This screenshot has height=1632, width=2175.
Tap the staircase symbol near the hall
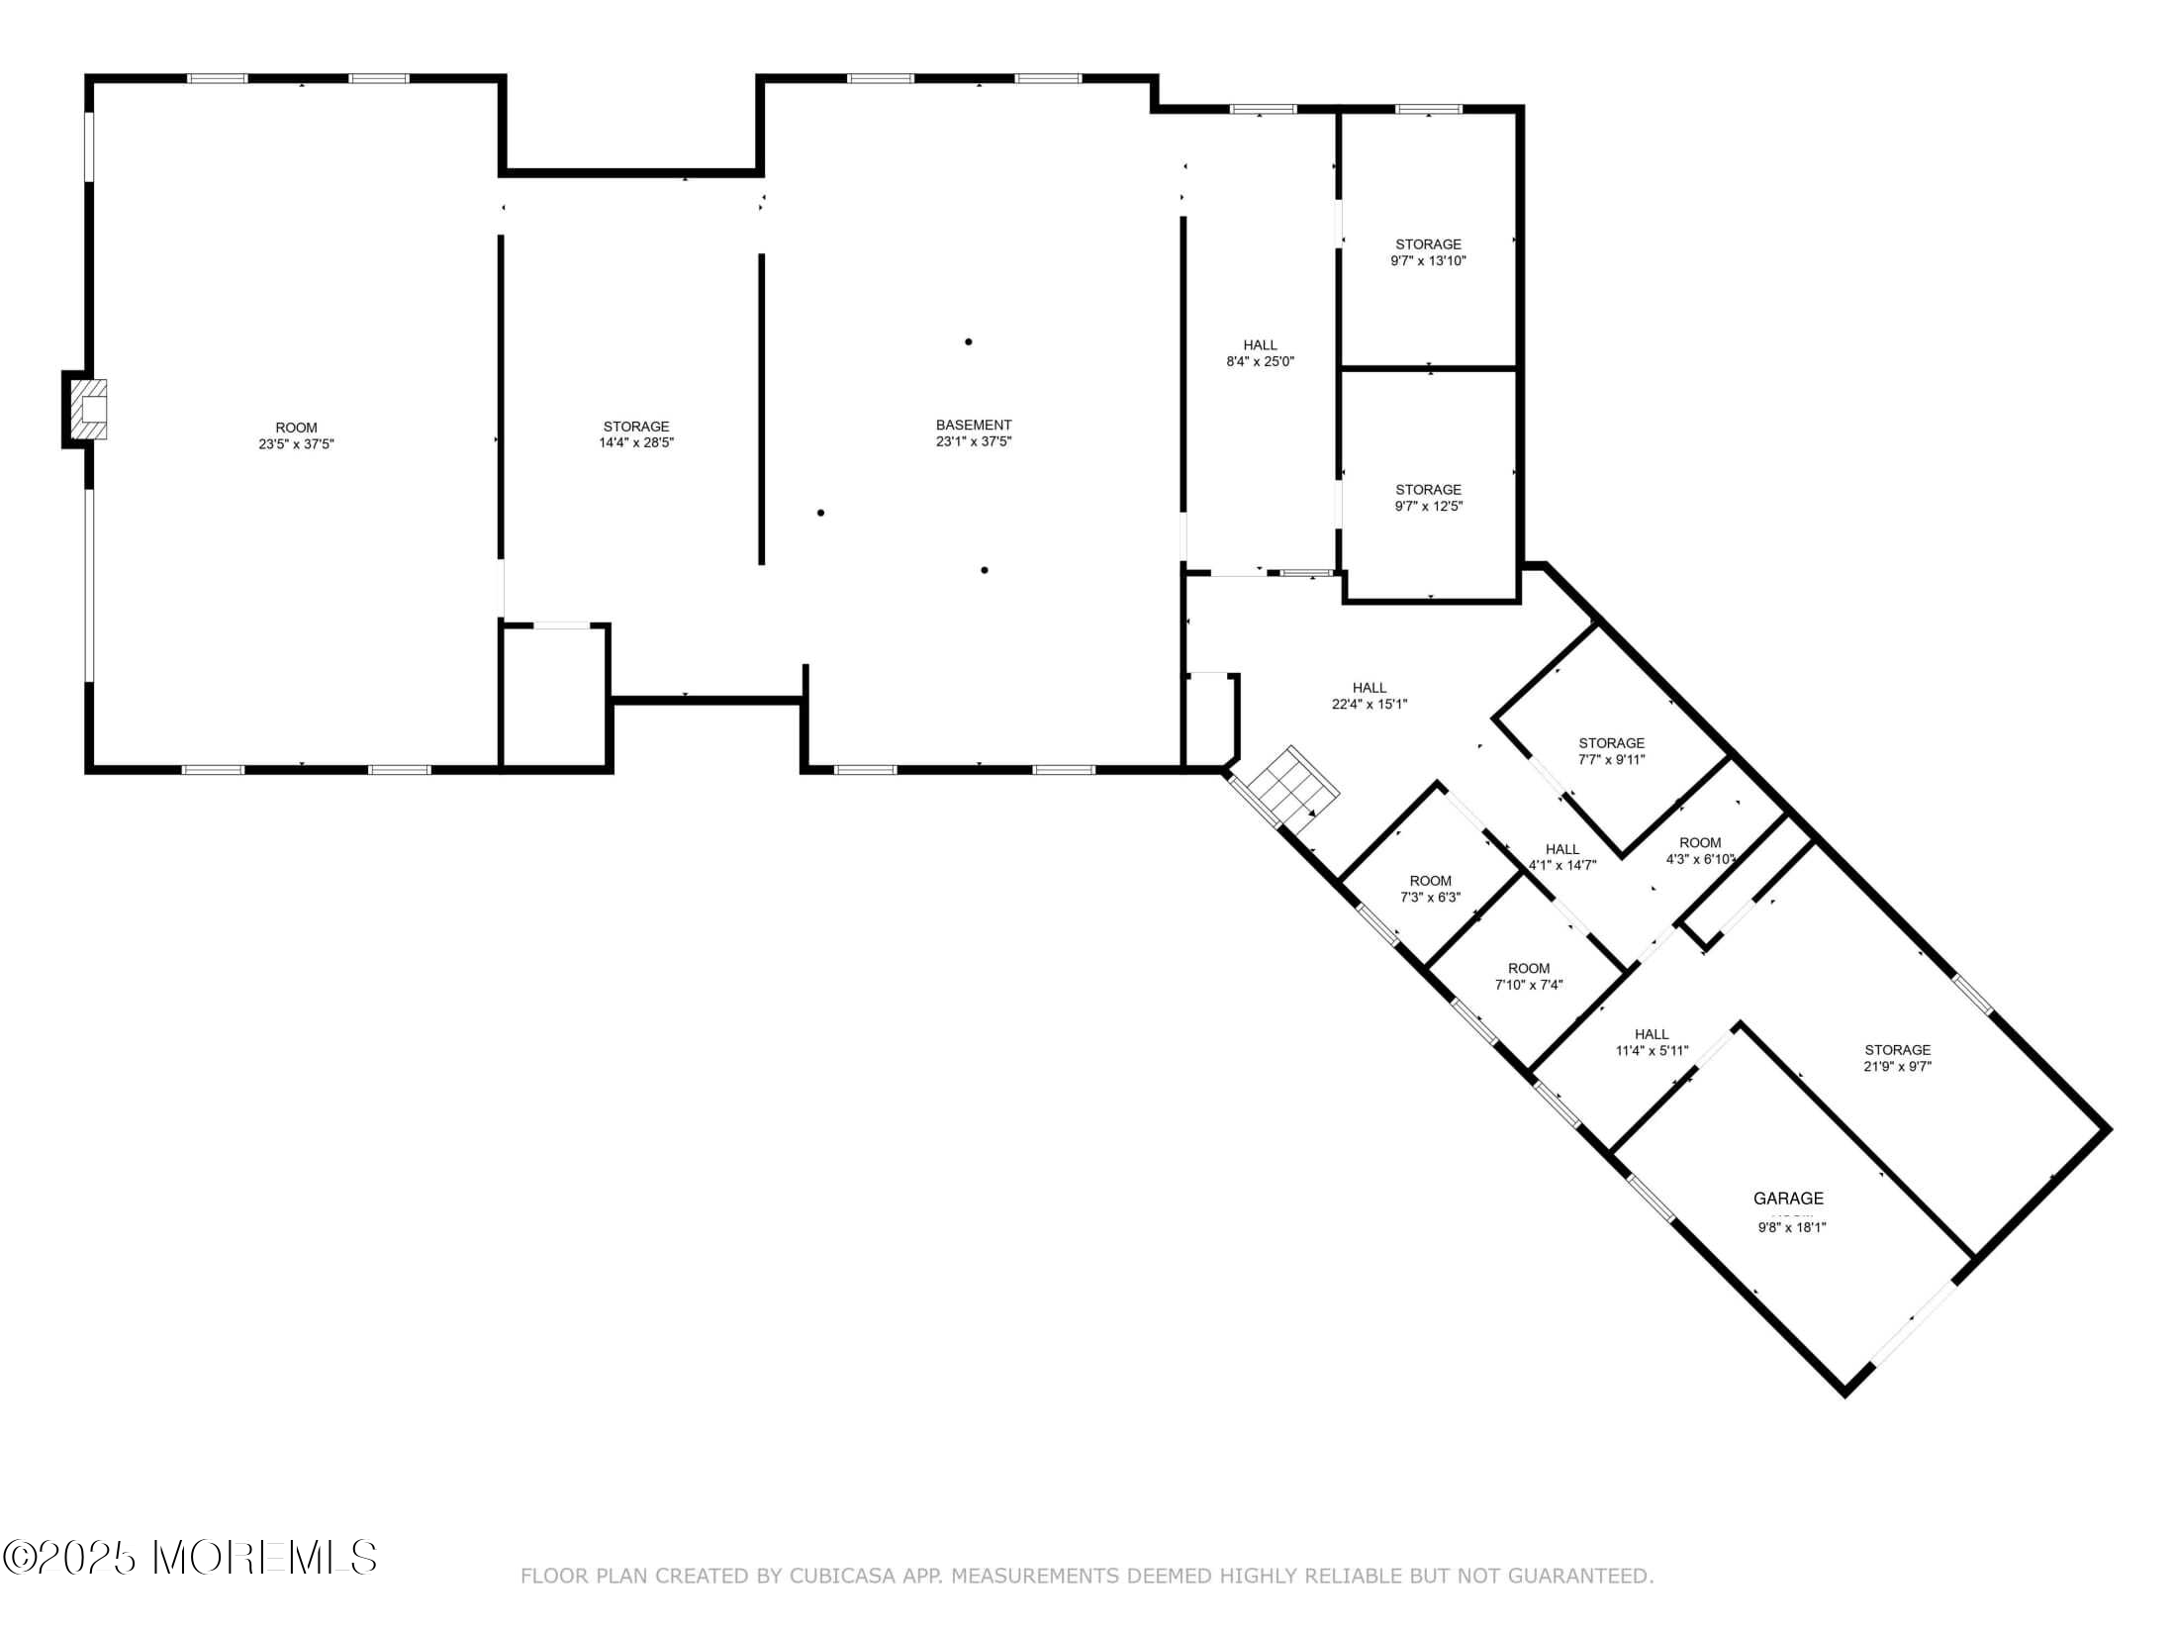[x=1292, y=788]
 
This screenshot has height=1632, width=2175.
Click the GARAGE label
[x=1788, y=1199]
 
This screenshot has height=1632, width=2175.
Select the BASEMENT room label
[x=974, y=425]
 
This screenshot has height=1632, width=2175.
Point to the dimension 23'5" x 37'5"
[x=296, y=444]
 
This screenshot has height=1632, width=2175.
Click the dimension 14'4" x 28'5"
[x=636, y=442]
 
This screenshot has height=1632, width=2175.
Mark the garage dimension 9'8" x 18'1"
[x=1791, y=1227]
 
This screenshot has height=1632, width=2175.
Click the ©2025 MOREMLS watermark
[x=190, y=1557]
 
